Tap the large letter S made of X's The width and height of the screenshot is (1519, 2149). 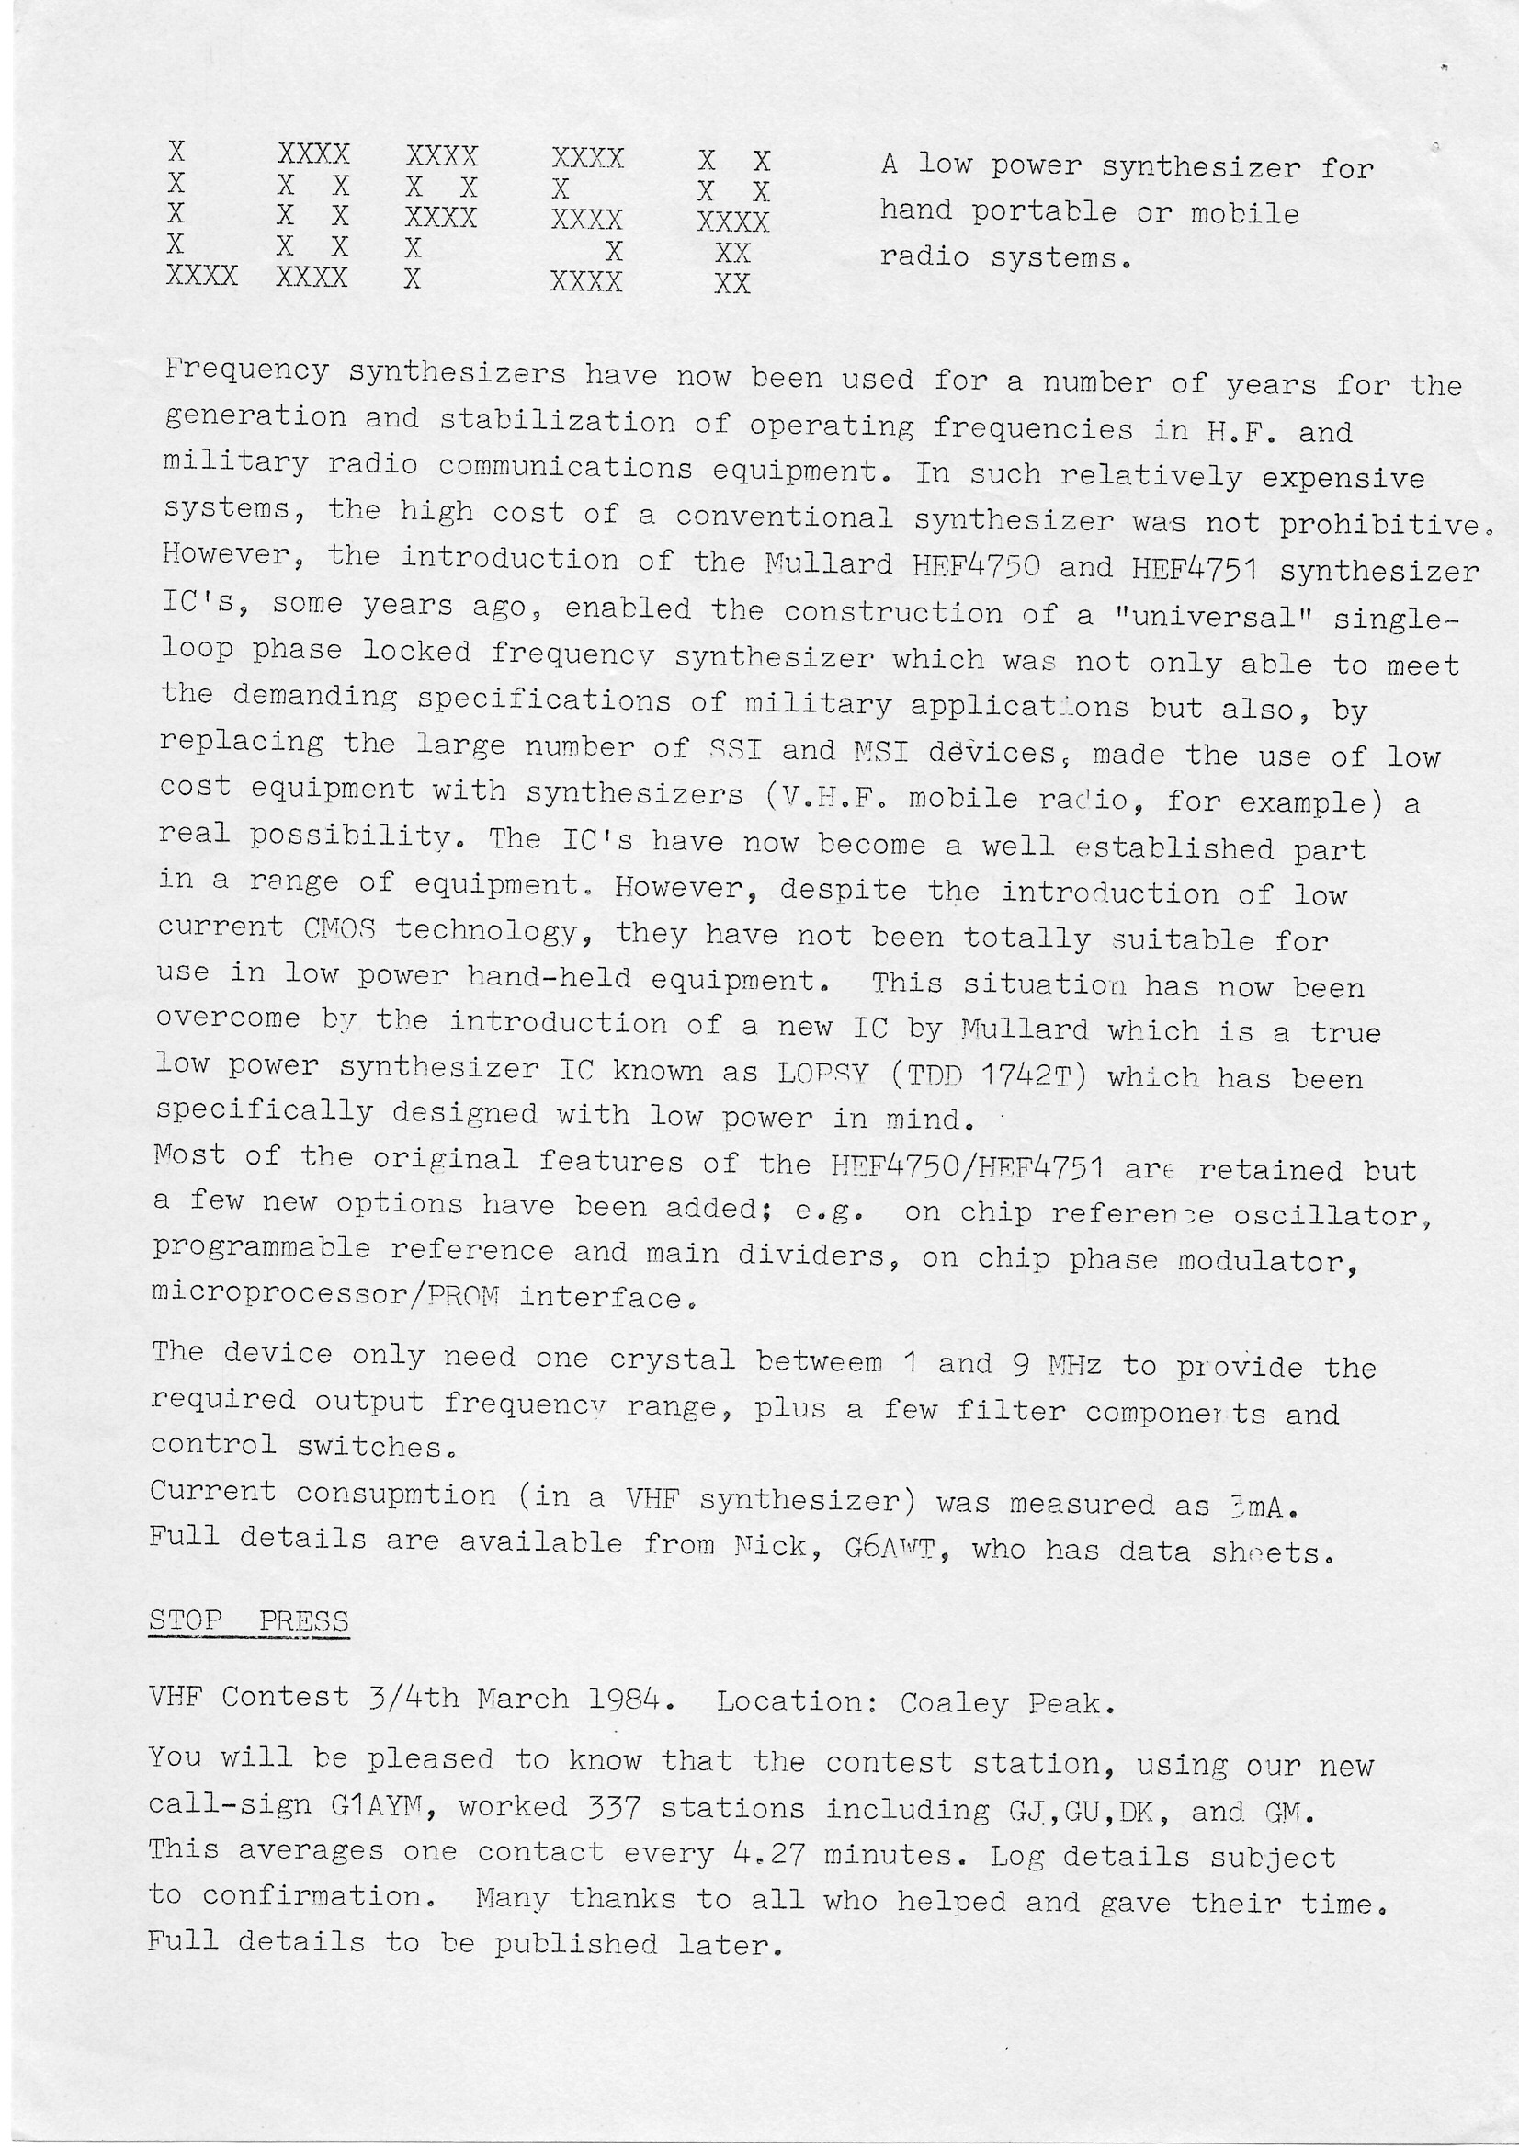587,219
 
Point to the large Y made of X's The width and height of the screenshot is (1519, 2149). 733,221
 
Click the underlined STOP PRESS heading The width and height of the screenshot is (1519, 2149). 249,1620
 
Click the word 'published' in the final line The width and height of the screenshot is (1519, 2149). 575,1944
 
